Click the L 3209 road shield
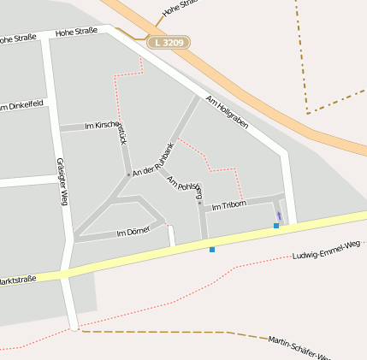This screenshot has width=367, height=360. pos(168,41)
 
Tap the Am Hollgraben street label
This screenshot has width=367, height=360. pos(227,112)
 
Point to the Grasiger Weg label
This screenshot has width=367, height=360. pos(62,181)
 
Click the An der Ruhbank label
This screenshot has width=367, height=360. pos(154,160)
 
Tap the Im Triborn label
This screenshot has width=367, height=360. pos(228,205)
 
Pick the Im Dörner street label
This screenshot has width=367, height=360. pos(133,232)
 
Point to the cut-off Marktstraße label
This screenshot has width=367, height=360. pos(17,280)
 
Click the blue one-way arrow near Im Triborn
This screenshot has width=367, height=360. pos(279,215)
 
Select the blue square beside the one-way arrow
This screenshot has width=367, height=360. pos(276,226)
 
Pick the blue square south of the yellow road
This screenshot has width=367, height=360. pos(212,250)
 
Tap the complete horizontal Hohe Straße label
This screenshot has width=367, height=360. pos(77,32)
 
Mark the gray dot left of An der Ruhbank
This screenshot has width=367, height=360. pos(128,174)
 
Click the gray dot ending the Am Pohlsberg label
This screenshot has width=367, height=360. pos(199,204)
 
